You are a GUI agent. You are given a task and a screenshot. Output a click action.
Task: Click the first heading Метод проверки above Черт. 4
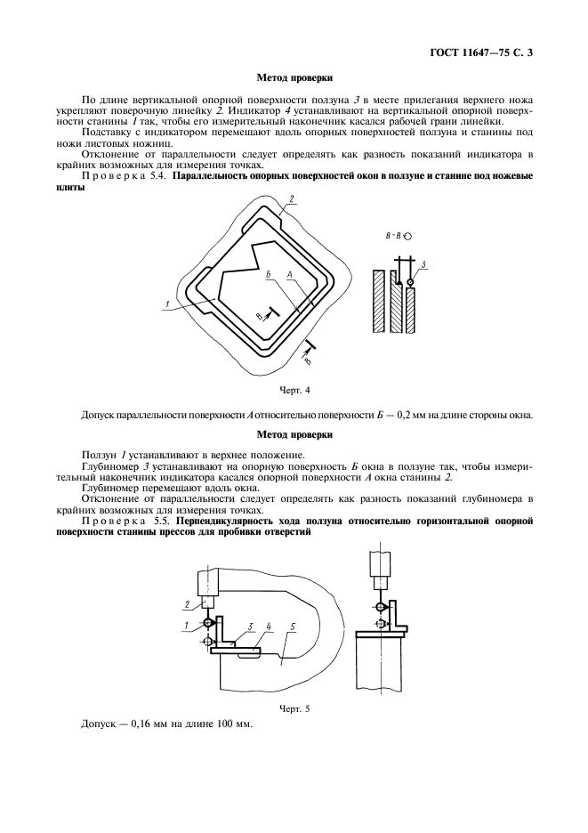294,77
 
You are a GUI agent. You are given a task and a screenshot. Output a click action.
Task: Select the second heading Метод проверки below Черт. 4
294,435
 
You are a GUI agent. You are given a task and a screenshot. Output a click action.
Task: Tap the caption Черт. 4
294,390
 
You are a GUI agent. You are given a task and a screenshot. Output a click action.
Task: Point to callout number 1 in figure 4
166,305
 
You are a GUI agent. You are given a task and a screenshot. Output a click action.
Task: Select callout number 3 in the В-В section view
423,265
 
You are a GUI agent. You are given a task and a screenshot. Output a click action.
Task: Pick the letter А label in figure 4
290,277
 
